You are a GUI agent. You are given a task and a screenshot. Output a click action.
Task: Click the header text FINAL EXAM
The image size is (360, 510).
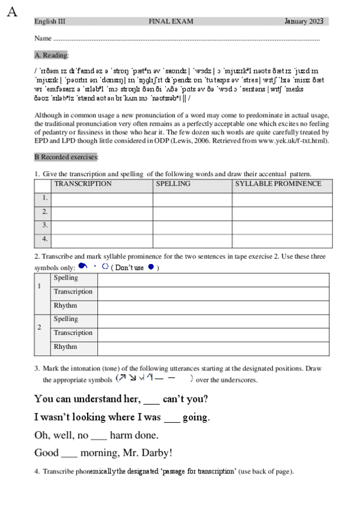[x=171, y=22]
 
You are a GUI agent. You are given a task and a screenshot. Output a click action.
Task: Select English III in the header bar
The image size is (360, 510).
[x=50, y=22]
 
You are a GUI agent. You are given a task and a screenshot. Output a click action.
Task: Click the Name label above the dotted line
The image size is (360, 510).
[x=42, y=38]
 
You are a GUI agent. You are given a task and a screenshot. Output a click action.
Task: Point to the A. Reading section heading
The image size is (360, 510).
[x=52, y=55]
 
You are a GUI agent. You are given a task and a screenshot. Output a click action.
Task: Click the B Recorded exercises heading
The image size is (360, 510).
[x=66, y=157]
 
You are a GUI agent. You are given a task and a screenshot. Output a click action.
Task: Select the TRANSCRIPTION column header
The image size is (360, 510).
[x=83, y=184]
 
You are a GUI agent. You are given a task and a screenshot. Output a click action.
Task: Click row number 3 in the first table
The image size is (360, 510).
[x=44, y=226]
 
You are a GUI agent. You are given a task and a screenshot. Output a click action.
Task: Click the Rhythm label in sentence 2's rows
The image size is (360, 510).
[x=66, y=347]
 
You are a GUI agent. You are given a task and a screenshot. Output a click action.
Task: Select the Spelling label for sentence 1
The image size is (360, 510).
[x=66, y=278]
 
